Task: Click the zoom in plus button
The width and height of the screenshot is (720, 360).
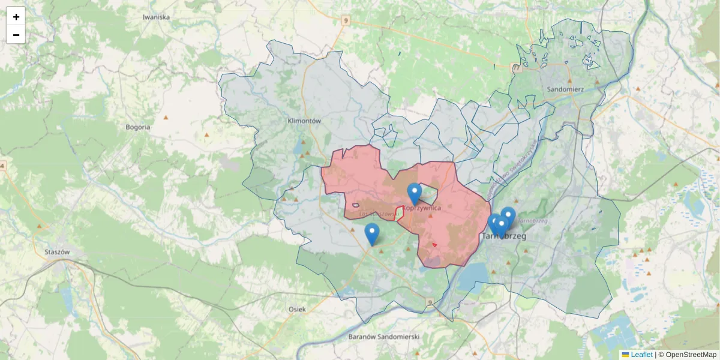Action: point(16,17)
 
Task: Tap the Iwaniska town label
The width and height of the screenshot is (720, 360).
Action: point(156,17)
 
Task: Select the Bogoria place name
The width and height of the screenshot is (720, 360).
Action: point(138,127)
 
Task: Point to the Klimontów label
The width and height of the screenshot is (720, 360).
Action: point(305,121)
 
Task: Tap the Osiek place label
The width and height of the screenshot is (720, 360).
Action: point(297,309)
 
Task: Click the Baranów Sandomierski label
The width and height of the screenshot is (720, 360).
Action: point(383,337)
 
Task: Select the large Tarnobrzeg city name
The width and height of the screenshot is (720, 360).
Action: point(504,237)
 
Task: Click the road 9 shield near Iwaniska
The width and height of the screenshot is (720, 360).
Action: point(345,20)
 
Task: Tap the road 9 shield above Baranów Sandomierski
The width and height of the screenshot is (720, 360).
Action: point(430,302)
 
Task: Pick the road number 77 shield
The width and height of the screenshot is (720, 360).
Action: point(517,67)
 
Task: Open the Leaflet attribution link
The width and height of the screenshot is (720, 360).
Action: point(641,355)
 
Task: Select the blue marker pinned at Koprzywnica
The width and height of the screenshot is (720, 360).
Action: point(414,194)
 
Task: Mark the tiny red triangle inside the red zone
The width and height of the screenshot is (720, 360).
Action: point(434,245)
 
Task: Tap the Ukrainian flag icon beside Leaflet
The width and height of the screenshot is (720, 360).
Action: point(625,355)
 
